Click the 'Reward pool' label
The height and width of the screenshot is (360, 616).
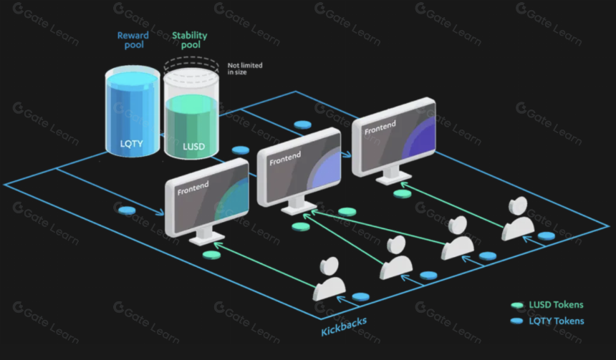point(133,40)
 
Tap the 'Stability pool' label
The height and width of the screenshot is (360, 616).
point(190,40)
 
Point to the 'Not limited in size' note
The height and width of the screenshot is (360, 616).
point(245,69)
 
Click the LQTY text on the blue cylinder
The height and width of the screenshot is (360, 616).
point(132,144)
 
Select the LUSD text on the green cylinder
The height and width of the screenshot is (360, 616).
point(193,147)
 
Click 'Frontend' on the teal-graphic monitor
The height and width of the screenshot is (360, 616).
point(193,188)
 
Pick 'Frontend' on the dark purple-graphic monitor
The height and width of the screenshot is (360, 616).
point(380,128)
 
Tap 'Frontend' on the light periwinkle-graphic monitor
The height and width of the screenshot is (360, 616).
point(285,158)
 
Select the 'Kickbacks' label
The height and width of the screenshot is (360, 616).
point(344,326)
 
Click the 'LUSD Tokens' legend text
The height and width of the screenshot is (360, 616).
point(556,305)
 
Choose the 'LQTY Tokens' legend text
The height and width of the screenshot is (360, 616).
point(557,321)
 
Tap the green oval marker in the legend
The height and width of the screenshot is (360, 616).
point(517,305)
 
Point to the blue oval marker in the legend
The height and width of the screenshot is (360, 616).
point(516,321)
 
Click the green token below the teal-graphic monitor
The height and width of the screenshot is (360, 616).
point(211,256)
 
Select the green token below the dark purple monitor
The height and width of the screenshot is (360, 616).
point(402,194)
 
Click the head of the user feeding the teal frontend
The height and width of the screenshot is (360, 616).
point(329,266)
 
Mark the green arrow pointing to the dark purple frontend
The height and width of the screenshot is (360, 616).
point(451,205)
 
